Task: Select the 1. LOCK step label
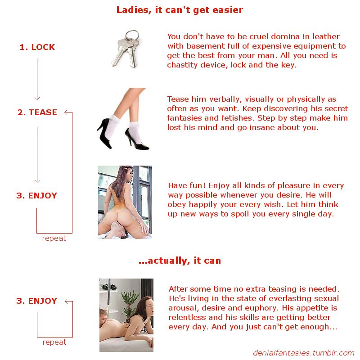click(x=37, y=47)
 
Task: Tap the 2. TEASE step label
click(x=37, y=112)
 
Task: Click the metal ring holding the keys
click(x=132, y=36)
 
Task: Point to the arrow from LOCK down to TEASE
click(x=37, y=79)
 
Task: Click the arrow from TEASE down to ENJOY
click(x=37, y=155)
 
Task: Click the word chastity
click(x=182, y=65)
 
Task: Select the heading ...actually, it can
click(x=180, y=261)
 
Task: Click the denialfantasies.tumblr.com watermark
click(x=303, y=353)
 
